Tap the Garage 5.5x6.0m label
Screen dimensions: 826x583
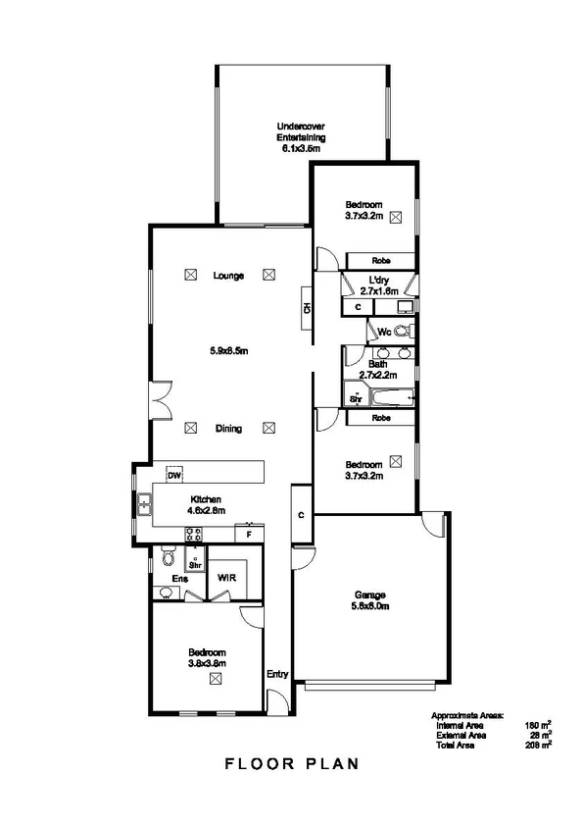pyautogui.click(x=371, y=600)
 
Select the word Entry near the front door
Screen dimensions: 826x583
pyautogui.click(x=277, y=674)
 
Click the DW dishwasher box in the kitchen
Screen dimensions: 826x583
pyautogui.click(x=174, y=476)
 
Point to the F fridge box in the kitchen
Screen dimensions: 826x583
pyautogui.click(x=250, y=536)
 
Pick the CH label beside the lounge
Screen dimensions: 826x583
pyautogui.click(x=307, y=308)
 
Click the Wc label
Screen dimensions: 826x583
pyautogui.click(x=384, y=331)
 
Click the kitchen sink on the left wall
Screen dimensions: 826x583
pyautogui.click(x=144, y=504)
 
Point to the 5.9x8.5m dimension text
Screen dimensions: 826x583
pyautogui.click(x=228, y=350)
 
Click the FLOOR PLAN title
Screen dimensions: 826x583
pyautogui.click(x=292, y=762)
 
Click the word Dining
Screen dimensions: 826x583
pyautogui.click(x=228, y=429)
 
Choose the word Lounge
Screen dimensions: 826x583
pyautogui.click(x=228, y=276)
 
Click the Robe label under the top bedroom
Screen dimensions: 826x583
pyautogui.click(x=382, y=260)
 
